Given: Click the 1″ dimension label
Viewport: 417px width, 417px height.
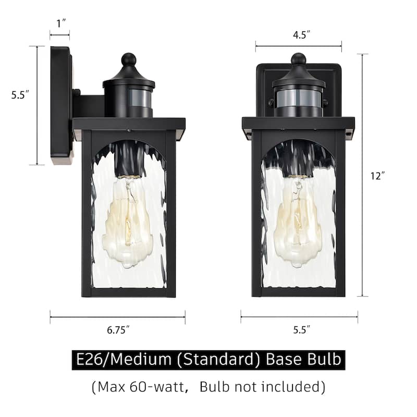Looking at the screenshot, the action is [x=61, y=23].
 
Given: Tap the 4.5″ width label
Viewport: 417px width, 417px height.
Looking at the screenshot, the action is [x=302, y=35].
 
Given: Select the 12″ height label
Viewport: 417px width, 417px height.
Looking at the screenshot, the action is [x=377, y=176].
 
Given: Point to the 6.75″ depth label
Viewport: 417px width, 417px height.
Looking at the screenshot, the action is [x=118, y=330].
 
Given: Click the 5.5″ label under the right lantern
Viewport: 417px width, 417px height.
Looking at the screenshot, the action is [x=302, y=329].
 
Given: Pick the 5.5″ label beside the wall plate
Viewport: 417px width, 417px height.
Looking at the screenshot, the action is [x=20, y=95].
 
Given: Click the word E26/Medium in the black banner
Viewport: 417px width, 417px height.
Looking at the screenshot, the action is [x=124, y=359].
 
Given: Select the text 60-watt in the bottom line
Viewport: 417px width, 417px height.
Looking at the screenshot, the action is [x=157, y=387].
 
